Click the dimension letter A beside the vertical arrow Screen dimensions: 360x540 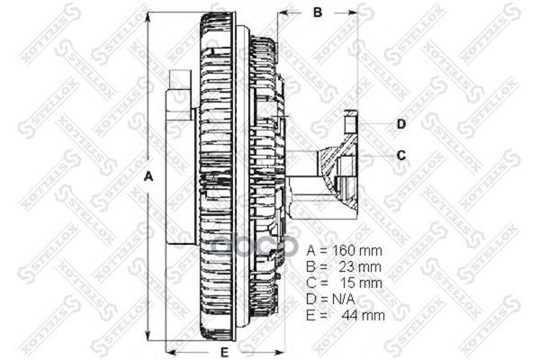pyautogui.click(x=149, y=177)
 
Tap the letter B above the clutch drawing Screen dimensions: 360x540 pyautogui.click(x=317, y=13)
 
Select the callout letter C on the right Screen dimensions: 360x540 pyautogui.click(x=401, y=155)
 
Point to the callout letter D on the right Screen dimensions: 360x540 pyautogui.click(x=401, y=123)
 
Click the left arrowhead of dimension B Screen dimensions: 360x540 pyautogui.click(x=283, y=13)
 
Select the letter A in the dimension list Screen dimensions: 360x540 pyautogui.click(x=311, y=249)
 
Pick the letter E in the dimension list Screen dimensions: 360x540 pyautogui.click(x=311, y=315)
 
